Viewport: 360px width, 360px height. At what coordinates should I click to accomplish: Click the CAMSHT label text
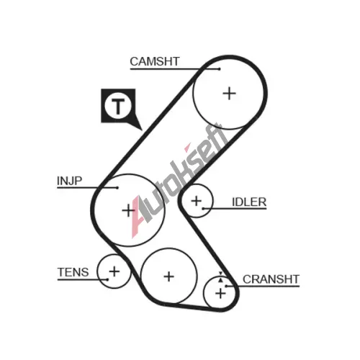(x=155, y=61)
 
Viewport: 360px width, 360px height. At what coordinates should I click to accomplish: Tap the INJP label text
(x=69, y=181)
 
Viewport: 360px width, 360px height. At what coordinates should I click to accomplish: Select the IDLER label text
(x=249, y=202)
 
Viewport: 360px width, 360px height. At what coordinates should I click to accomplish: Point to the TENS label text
(x=73, y=272)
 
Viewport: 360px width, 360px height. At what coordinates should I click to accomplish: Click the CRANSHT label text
(x=271, y=279)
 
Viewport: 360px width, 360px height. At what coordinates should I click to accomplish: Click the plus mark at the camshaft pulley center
(x=230, y=94)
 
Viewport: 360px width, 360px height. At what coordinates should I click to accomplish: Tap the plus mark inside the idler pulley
(x=197, y=201)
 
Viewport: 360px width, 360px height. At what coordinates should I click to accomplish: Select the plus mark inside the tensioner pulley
(x=114, y=271)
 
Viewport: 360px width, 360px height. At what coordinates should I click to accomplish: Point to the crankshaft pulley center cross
(x=220, y=293)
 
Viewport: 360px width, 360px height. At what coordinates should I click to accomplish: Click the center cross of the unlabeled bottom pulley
(x=169, y=276)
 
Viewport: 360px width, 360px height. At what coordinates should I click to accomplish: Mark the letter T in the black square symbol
(x=118, y=106)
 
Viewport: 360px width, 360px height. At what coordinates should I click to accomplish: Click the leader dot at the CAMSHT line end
(x=220, y=69)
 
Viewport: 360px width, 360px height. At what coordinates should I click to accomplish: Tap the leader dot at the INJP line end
(x=117, y=188)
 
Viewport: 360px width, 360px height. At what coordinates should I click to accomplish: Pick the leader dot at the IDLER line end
(x=203, y=209)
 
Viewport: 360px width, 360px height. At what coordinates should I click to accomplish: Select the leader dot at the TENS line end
(x=107, y=279)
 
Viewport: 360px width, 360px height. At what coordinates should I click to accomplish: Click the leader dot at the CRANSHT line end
(x=225, y=286)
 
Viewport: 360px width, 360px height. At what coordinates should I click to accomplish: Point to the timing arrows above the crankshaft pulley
(x=220, y=276)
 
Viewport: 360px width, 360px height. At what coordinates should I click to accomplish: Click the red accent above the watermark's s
(x=187, y=147)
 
